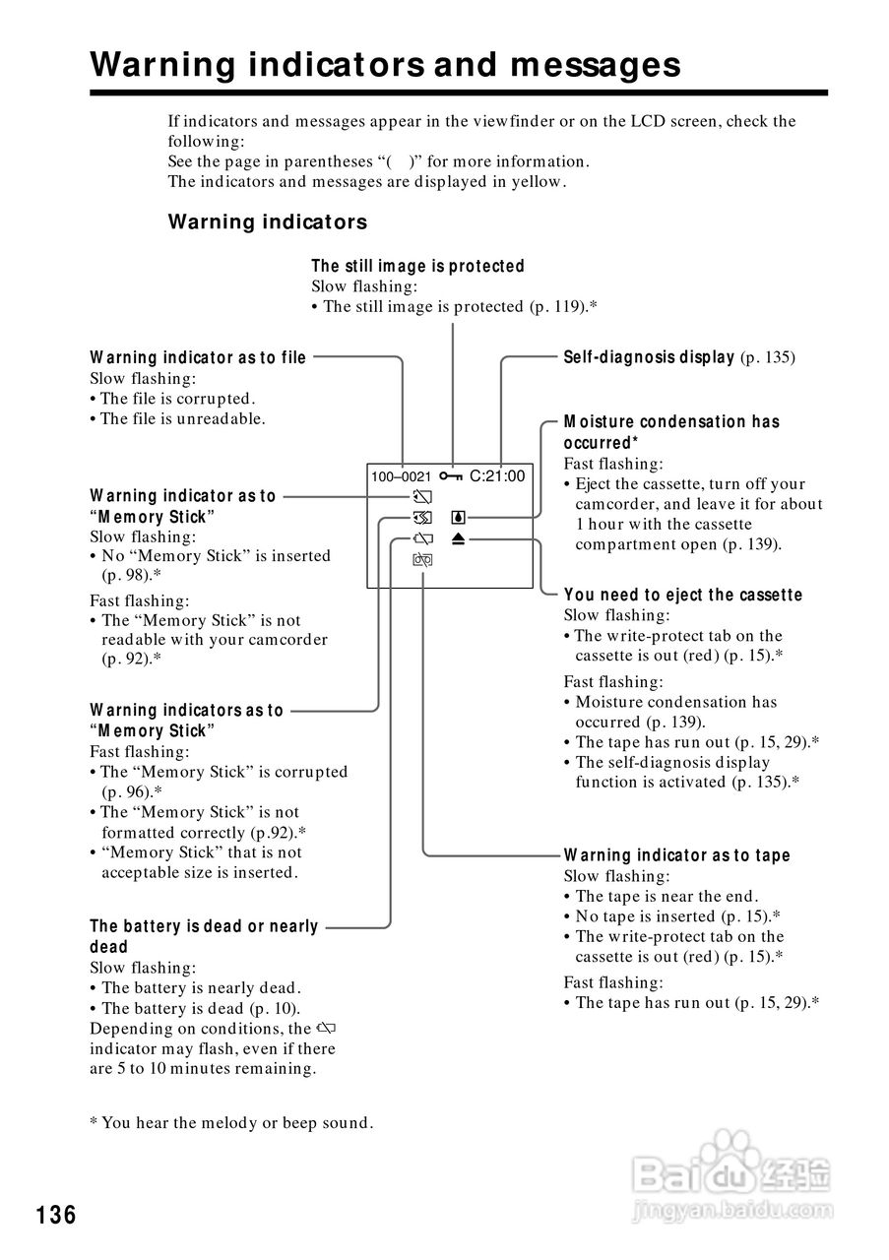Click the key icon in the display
point(451,476)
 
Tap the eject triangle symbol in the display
point(458,538)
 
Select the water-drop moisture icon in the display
point(458,518)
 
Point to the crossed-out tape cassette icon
point(423,560)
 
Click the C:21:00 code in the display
point(497,476)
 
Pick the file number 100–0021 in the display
point(401,477)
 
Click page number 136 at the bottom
point(56,1216)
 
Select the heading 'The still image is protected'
point(417,266)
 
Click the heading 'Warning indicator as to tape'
point(676,855)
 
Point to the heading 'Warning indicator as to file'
point(198,357)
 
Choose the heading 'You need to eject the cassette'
point(682,595)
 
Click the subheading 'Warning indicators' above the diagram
point(267,221)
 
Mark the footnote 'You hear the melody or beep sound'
point(236,1123)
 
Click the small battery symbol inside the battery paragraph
point(327,1029)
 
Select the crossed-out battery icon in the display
point(423,538)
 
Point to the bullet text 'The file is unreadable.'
point(182,418)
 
